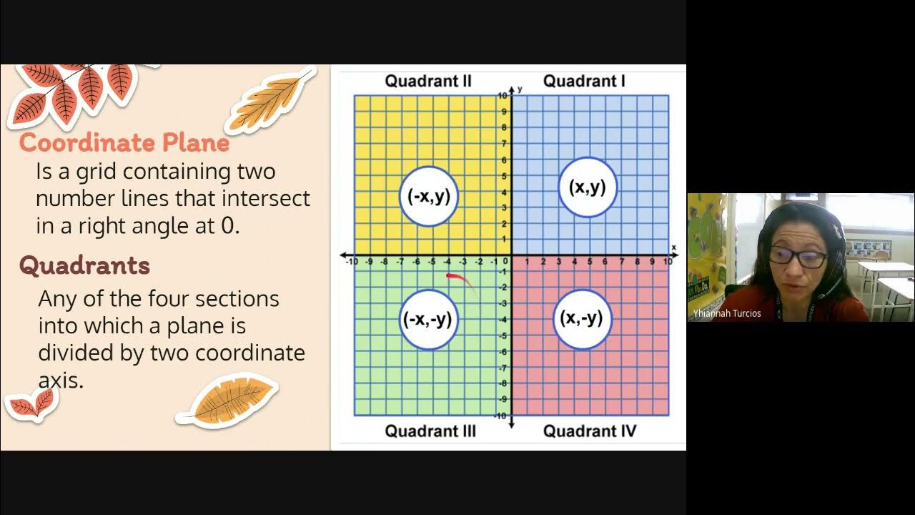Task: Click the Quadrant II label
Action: [428, 81]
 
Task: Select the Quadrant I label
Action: [584, 81]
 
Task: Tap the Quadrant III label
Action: [430, 431]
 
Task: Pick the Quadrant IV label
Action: [589, 431]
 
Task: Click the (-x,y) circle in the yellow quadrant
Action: [429, 196]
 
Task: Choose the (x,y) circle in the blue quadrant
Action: [588, 187]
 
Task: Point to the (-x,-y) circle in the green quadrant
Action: [428, 319]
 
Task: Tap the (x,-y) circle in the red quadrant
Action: [582, 318]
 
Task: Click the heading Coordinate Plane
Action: [124, 142]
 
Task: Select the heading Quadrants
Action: [84, 265]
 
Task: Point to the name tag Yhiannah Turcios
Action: [727, 313]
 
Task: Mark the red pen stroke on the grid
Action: [461, 280]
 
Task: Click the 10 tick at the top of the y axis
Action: [503, 95]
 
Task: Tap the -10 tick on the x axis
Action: [352, 262]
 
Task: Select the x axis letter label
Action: [673, 247]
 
